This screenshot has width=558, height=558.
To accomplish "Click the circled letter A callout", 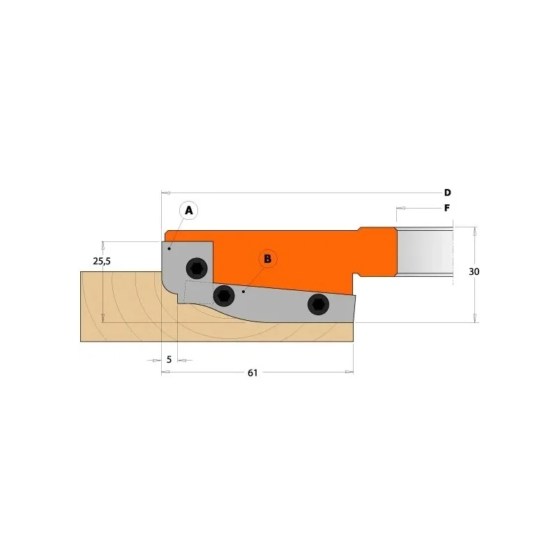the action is click(x=188, y=211).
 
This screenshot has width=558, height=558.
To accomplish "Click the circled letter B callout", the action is click(x=268, y=258).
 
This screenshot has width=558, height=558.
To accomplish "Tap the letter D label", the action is click(x=447, y=193).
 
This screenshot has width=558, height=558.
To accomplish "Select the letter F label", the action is click(x=447, y=208).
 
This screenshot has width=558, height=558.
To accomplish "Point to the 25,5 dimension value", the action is click(x=102, y=261).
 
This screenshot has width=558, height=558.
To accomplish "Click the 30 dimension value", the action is click(x=474, y=272).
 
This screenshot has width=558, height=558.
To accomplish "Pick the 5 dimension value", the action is click(x=169, y=359).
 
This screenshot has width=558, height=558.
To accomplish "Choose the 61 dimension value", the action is click(x=252, y=373).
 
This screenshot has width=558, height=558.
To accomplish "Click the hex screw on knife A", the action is click(x=197, y=268).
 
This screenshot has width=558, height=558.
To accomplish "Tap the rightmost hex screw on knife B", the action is click(x=319, y=304).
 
